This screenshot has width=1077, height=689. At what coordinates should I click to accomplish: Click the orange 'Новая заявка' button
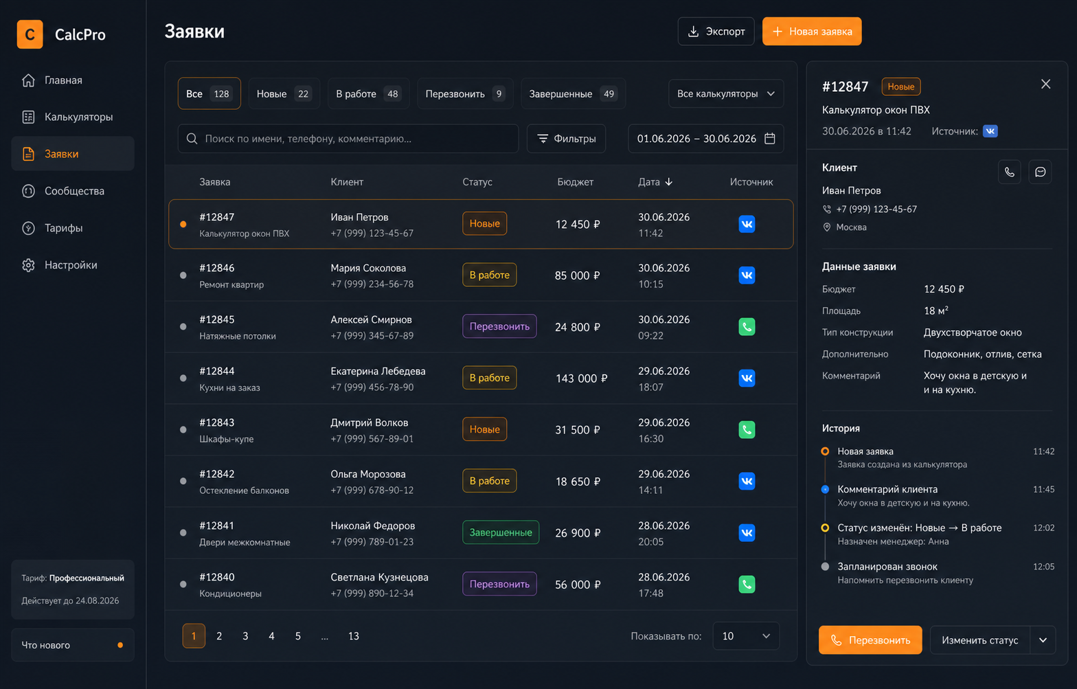click(x=812, y=31)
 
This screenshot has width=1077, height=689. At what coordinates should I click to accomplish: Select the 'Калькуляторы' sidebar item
click(x=73, y=117)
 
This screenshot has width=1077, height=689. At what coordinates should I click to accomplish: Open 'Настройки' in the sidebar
click(x=73, y=265)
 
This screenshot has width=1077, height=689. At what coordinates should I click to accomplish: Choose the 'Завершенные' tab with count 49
click(x=573, y=93)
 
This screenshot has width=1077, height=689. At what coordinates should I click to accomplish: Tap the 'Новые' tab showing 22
click(x=284, y=93)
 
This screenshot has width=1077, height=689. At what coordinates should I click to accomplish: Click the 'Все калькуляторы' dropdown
click(x=726, y=93)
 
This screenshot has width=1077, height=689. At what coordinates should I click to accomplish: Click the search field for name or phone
click(x=348, y=139)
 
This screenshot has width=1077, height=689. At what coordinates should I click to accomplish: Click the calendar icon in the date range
click(x=770, y=139)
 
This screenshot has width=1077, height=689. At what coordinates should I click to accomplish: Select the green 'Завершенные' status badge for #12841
click(x=501, y=532)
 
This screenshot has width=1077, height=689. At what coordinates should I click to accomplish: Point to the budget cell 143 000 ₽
click(x=581, y=379)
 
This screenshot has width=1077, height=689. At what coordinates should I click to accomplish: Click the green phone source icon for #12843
click(x=747, y=429)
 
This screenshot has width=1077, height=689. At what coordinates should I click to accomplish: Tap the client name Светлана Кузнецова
click(x=379, y=577)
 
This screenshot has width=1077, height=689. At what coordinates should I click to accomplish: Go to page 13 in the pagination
click(x=353, y=636)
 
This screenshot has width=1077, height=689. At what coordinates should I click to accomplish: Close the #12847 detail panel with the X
click(x=1045, y=84)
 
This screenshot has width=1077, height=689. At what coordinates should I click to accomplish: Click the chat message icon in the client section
click(x=1040, y=172)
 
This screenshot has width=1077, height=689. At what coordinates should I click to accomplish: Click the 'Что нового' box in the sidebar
click(x=73, y=645)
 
